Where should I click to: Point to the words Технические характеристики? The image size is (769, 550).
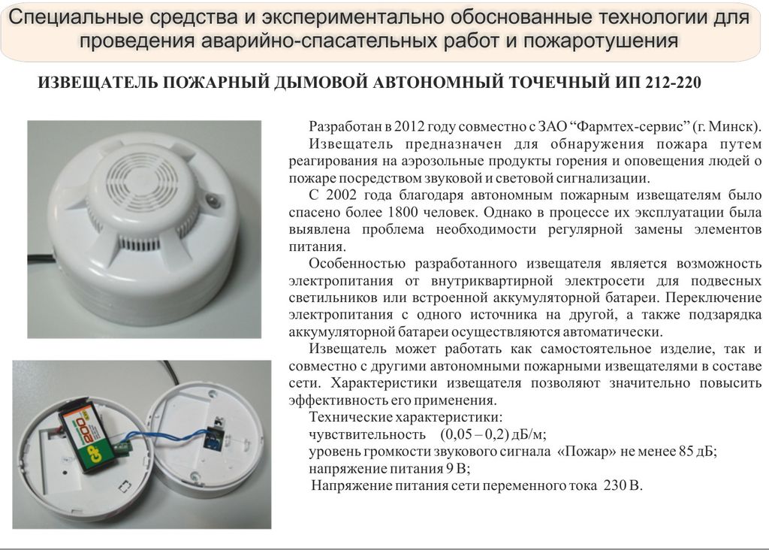(405, 417)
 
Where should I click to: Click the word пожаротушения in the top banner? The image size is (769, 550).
(601, 41)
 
